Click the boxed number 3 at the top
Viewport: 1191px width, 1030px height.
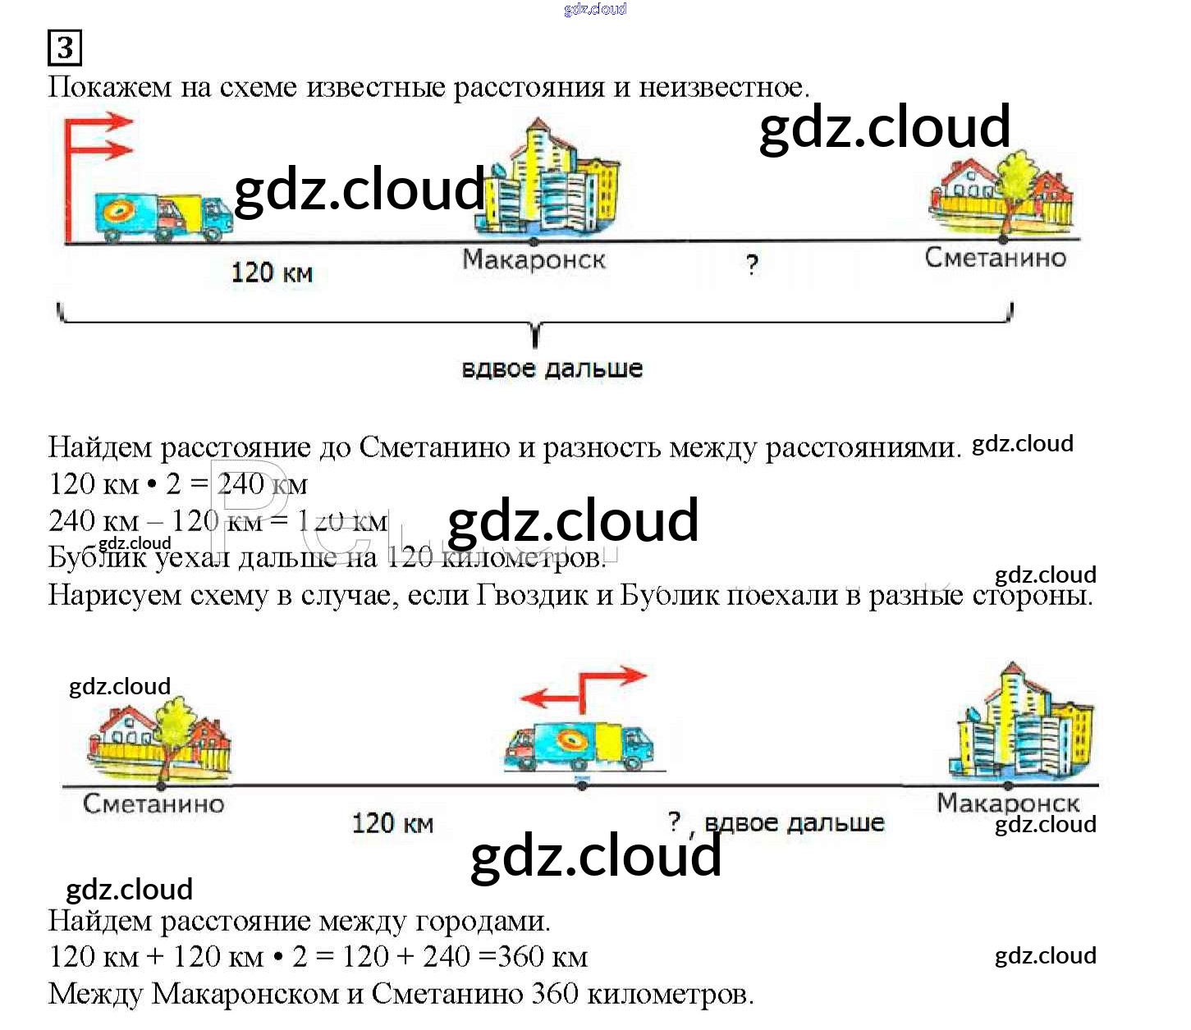(65, 48)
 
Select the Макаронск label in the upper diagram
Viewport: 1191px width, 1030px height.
(534, 260)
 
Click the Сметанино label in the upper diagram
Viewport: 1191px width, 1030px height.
(995, 258)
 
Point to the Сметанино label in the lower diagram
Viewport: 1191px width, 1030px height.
(153, 803)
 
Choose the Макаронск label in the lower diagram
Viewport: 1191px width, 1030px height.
(1007, 803)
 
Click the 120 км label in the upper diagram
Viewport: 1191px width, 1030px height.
(272, 272)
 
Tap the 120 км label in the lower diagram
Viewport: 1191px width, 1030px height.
(392, 823)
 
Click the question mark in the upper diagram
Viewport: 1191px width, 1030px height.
(752, 265)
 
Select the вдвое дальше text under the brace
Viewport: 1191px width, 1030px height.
(552, 369)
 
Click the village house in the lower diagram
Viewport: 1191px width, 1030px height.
(159, 739)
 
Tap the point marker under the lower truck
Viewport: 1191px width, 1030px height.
(582, 785)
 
